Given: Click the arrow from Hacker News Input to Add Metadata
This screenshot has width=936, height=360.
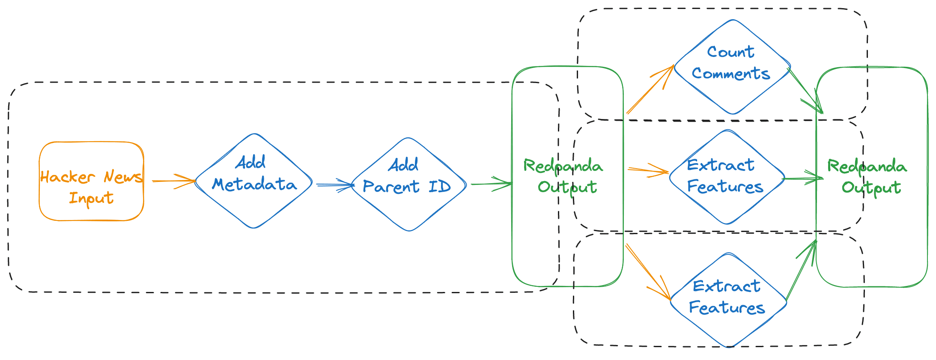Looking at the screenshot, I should click(173, 181).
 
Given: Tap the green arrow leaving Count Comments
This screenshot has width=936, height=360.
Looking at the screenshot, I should click(805, 90).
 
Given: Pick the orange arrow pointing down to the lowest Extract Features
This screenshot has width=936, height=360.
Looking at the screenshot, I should click(649, 272).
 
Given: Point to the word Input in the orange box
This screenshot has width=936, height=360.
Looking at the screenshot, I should click(91, 198).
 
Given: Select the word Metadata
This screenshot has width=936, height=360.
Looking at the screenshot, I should click(254, 184).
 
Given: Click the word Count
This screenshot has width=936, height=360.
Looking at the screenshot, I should click(730, 52).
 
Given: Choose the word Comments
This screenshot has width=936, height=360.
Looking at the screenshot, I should click(731, 74).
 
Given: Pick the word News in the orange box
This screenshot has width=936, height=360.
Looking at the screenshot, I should click(122, 176).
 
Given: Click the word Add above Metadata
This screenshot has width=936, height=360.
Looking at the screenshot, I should click(251, 163).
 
